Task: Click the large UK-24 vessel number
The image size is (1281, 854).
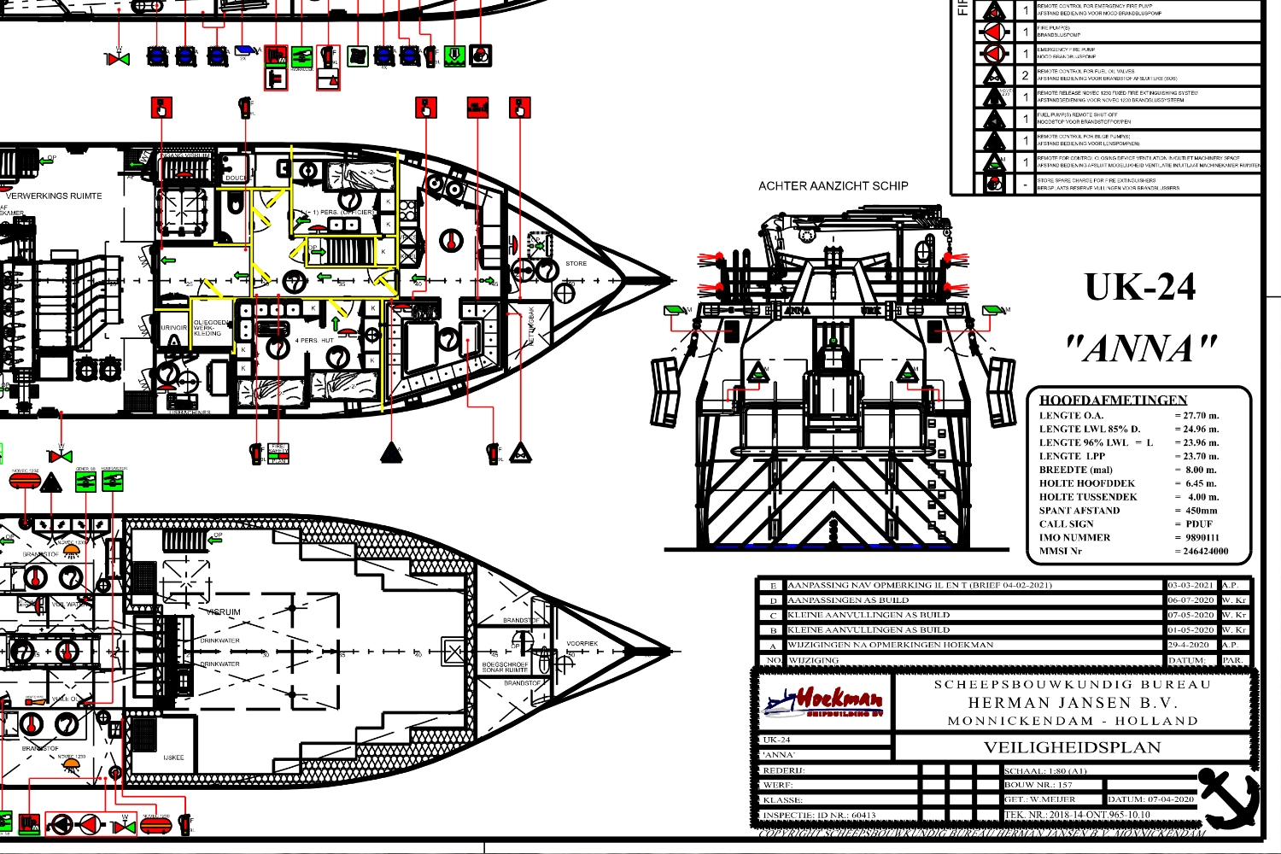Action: (1140, 288)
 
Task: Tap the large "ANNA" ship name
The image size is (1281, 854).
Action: (1141, 348)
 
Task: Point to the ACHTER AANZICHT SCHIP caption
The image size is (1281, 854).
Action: (833, 185)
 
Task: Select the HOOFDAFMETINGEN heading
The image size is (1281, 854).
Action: (1113, 400)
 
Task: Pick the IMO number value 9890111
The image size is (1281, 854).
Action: (1202, 537)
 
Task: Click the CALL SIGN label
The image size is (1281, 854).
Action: (1066, 524)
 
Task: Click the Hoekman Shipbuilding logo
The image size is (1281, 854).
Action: (823, 703)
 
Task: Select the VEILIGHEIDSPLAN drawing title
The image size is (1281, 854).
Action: (1073, 747)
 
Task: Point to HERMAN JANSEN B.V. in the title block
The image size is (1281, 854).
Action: (1073, 703)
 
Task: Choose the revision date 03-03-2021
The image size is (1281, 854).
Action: (1190, 586)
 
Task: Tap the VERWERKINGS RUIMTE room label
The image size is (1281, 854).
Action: (54, 196)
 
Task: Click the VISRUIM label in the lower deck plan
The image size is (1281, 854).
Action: (223, 612)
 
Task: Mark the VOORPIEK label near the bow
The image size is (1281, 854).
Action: (582, 643)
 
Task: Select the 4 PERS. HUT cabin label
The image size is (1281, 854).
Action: (314, 341)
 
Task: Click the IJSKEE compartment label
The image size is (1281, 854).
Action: (173, 757)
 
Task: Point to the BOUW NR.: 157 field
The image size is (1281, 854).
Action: (1038, 785)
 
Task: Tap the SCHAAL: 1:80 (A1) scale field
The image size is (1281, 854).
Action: (1045, 770)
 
